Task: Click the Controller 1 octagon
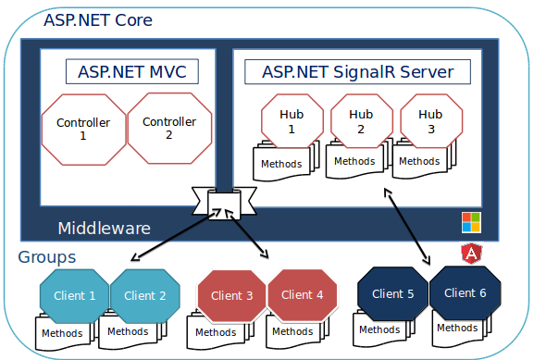tap(83, 129)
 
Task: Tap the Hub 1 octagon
tap(292, 121)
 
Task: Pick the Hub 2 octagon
tap(360, 120)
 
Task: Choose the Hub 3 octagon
tap(430, 120)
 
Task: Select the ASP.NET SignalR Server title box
tap(356, 71)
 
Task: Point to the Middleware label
tap(104, 228)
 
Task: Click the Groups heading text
tap(47, 257)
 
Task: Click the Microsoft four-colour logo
tap(472, 222)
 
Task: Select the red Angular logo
tap(471, 253)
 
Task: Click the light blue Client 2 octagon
tap(144, 296)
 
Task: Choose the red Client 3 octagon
tap(231, 296)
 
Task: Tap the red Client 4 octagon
tap(302, 296)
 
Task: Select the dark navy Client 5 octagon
tap(392, 294)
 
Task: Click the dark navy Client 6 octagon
tap(465, 293)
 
